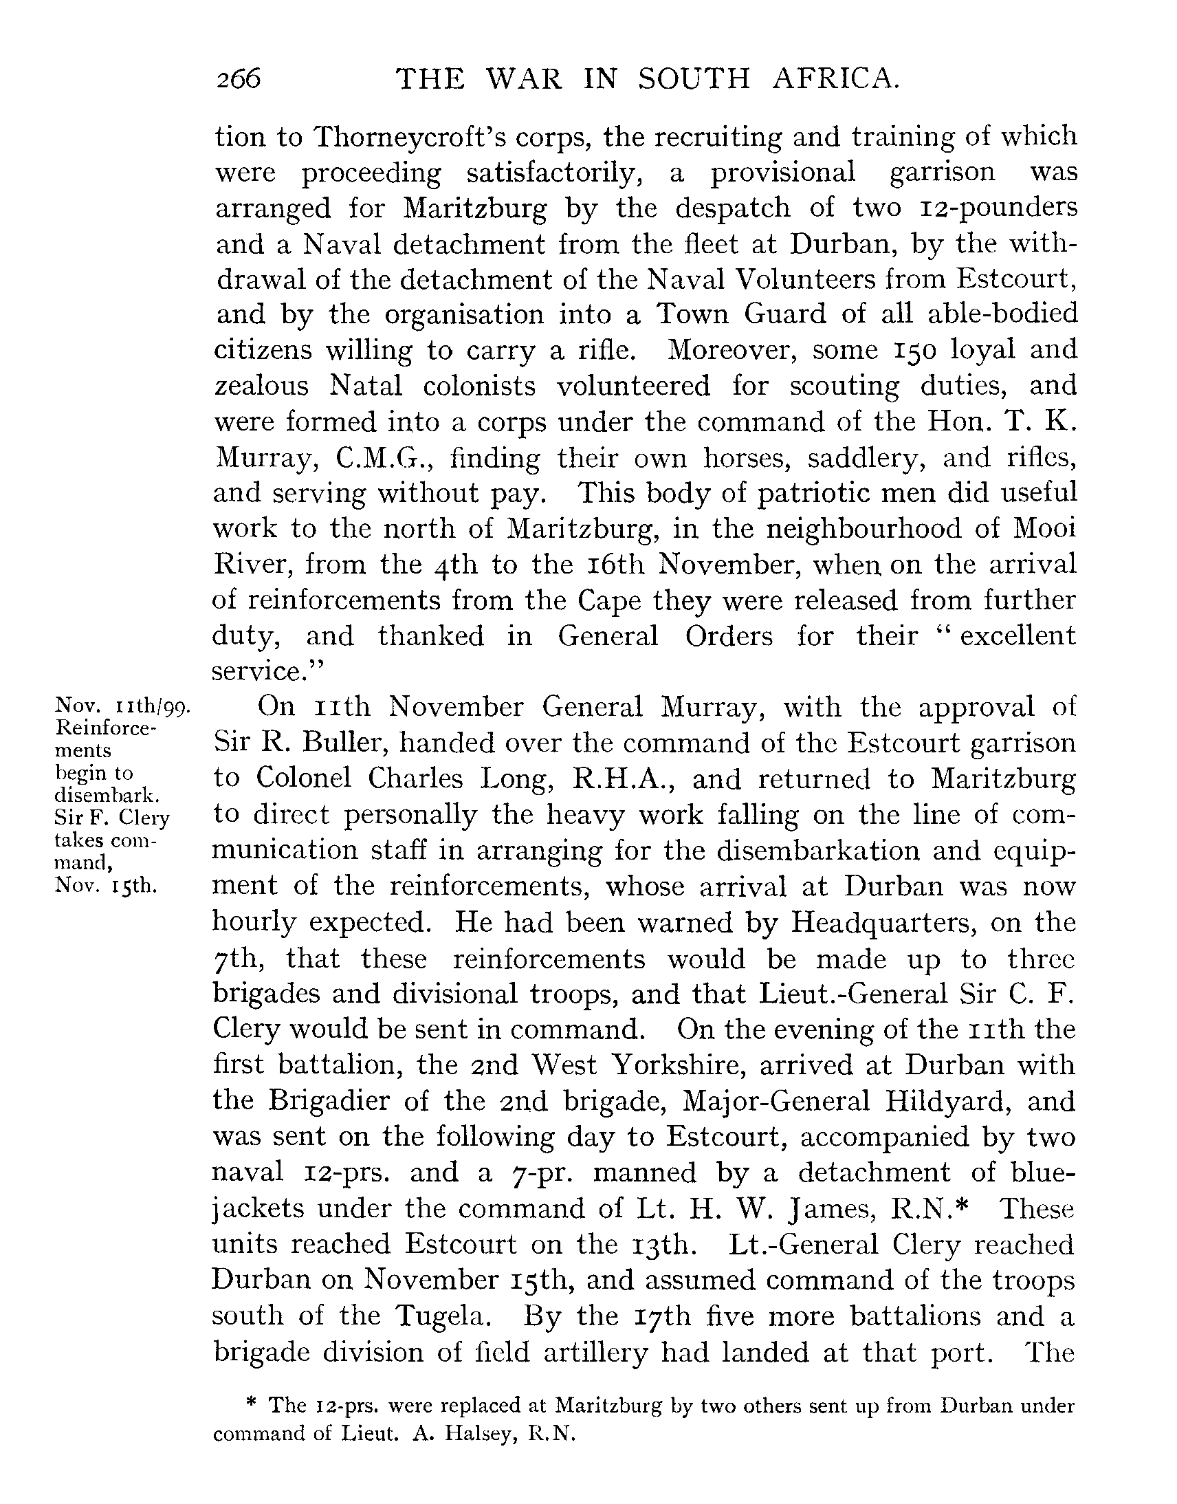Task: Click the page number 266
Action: point(239,79)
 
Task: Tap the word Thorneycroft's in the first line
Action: point(450,136)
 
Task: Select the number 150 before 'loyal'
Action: point(913,350)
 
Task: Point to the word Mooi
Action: point(1043,529)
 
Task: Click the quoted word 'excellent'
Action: point(1017,635)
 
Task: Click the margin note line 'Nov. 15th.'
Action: point(106,886)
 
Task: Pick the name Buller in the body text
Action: point(342,743)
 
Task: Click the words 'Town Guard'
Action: point(741,314)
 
